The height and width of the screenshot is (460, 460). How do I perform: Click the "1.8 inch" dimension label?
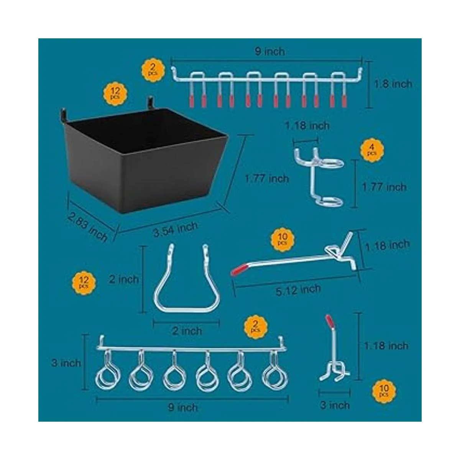(x=393, y=84)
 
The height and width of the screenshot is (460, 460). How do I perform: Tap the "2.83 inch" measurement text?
(x=87, y=227)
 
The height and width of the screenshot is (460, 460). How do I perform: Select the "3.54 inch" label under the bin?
(x=176, y=229)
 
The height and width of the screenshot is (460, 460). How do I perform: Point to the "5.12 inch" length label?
(x=298, y=290)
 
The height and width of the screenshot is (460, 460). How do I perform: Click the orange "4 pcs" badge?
(x=372, y=150)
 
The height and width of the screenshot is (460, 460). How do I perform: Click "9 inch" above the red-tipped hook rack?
(x=270, y=52)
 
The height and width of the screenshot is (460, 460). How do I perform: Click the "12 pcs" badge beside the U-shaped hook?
(x=84, y=283)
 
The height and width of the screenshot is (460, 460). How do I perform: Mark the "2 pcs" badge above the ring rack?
(x=256, y=327)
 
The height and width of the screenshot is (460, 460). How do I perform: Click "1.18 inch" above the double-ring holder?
(x=307, y=126)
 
